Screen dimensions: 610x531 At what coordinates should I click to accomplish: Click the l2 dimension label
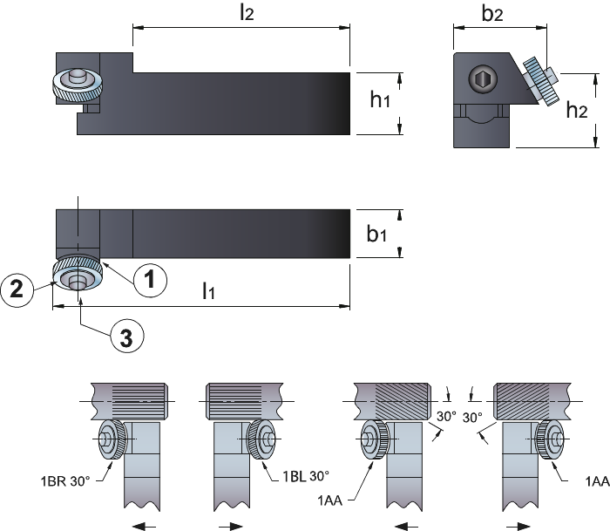(247, 13)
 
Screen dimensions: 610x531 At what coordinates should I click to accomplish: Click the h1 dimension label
(380, 99)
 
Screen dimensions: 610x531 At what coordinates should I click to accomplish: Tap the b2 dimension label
(492, 13)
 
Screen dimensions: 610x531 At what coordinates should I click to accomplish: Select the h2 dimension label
(577, 110)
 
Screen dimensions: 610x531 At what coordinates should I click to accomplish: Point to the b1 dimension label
(376, 234)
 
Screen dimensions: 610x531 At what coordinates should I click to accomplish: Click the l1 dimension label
(208, 290)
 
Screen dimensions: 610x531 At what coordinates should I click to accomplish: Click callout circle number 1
(150, 280)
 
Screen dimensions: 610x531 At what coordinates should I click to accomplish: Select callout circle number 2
(17, 289)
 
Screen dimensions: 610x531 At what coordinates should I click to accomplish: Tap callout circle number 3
(127, 336)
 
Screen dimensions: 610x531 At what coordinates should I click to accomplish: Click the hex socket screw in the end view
(483, 79)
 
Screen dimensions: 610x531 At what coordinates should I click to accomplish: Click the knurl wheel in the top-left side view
(78, 84)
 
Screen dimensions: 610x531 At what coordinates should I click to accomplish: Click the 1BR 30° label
(65, 481)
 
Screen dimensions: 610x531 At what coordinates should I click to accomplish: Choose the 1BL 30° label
(305, 476)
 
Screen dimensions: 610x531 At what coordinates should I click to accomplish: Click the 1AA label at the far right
(598, 481)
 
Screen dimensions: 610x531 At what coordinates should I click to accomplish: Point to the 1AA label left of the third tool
(330, 500)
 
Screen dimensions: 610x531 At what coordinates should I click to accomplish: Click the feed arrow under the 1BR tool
(145, 527)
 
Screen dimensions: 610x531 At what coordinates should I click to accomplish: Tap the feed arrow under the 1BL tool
(231, 527)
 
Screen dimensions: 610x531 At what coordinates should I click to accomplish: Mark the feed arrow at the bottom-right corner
(518, 527)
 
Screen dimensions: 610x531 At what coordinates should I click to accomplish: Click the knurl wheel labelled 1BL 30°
(261, 439)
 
